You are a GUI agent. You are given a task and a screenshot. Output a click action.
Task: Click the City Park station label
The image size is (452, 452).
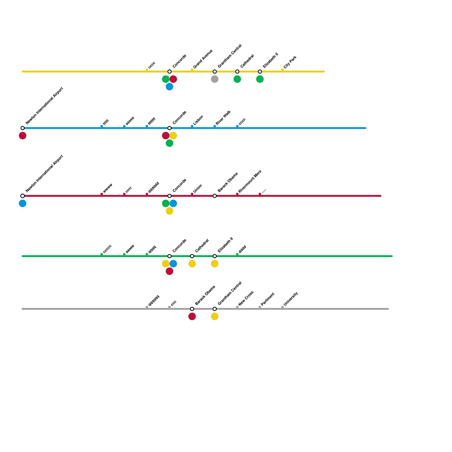point(290,62)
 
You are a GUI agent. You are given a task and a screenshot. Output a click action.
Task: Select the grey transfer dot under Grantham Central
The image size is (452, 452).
point(215,79)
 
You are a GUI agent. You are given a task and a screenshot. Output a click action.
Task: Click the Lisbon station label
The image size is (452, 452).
point(198,120)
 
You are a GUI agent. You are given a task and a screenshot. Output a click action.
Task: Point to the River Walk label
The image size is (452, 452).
point(223,118)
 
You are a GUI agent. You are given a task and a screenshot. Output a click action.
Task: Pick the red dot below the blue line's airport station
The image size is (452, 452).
point(23,136)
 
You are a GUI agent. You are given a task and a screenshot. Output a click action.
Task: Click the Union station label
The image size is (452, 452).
point(197,189)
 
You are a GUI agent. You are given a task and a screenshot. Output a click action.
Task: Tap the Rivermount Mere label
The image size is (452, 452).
point(250,182)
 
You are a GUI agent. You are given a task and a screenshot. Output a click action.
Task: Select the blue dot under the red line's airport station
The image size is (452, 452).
point(23,203)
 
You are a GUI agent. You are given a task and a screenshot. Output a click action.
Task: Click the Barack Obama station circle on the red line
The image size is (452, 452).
point(215,196)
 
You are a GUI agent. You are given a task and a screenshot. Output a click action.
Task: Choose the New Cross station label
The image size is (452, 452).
point(246,298)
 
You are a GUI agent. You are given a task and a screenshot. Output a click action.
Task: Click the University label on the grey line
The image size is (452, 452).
point(291,299)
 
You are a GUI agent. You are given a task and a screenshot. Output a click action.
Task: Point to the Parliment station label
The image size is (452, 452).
point(268,299)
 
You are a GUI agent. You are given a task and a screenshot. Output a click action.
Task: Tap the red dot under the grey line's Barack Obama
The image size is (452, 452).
point(192,316)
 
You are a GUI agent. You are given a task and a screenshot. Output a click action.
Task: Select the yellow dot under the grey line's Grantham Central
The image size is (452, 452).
point(215,316)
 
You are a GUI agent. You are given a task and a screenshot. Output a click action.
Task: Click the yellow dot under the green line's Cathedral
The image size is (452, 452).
point(192,264)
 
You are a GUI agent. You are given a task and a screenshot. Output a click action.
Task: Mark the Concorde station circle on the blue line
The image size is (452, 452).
point(169,128)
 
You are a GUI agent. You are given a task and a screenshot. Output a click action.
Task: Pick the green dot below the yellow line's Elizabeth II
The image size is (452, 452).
point(260,79)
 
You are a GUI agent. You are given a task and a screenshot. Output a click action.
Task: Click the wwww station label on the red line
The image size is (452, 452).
point(108,188)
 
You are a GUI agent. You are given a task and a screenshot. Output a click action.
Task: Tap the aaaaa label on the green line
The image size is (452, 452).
point(130,249)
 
